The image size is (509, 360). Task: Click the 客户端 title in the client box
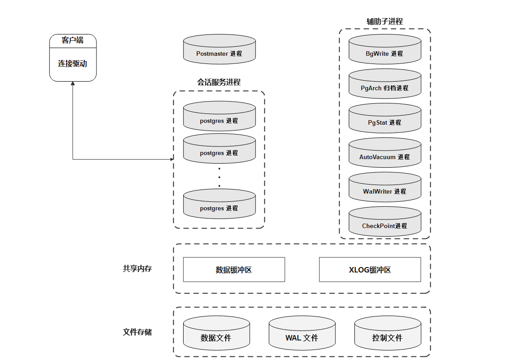pos(73,40)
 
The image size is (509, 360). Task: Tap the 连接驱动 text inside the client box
pos(73,64)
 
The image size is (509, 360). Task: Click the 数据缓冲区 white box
pos(234,270)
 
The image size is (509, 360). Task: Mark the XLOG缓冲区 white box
pos(370,270)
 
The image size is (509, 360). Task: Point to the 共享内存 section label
pos(137,268)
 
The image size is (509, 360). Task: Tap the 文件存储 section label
pos(137,332)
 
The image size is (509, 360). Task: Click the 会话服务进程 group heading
pos(218,82)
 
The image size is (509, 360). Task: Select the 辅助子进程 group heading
pos(384,21)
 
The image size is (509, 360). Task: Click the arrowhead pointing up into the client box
pos(73,84)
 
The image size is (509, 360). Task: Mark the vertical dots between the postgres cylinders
pos(219,177)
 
